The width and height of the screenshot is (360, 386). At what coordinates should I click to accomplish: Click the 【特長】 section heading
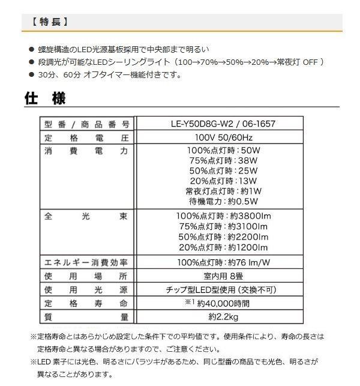click(x=49, y=22)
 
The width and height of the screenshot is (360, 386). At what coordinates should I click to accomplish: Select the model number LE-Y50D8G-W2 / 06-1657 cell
click(x=223, y=124)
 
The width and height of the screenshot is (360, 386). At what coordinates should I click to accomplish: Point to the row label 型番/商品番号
click(x=86, y=124)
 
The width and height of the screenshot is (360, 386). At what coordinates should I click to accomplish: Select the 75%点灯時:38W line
click(x=223, y=161)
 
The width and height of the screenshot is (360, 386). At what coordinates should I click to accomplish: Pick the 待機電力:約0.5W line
click(x=223, y=201)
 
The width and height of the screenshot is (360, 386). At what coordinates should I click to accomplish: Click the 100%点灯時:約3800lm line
click(x=223, y=216)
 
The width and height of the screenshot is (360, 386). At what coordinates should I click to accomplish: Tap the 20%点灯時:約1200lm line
click(x=223, y=247)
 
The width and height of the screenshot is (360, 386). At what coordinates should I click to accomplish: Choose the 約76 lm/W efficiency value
click(x=223, y=262)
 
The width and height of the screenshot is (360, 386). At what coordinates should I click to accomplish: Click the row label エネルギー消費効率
click(x=86, y=262)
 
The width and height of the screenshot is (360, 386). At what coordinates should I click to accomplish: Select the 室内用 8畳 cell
click(x=223, y=276)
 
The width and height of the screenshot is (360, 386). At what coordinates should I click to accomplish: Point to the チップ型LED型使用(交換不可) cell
click(x=223, y=290)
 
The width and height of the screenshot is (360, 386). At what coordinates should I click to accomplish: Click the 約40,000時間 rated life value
click(x=223, y=303)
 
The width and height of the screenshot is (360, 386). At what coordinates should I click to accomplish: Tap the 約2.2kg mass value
click(x=223, y=316)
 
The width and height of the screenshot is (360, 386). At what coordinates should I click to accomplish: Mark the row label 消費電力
click(x=86, y=152)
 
